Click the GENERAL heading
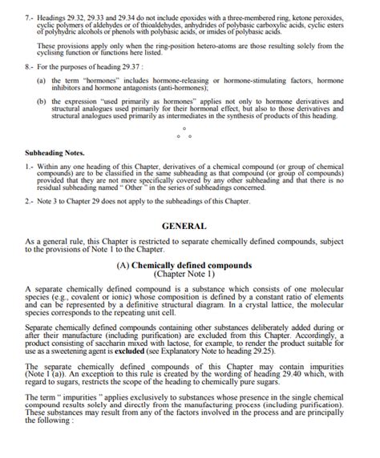tap(184, 226)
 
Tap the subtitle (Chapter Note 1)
tap(184, 274)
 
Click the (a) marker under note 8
tap(42, 82)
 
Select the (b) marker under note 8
tap(42, 102)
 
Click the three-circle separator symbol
tap(184, 132)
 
